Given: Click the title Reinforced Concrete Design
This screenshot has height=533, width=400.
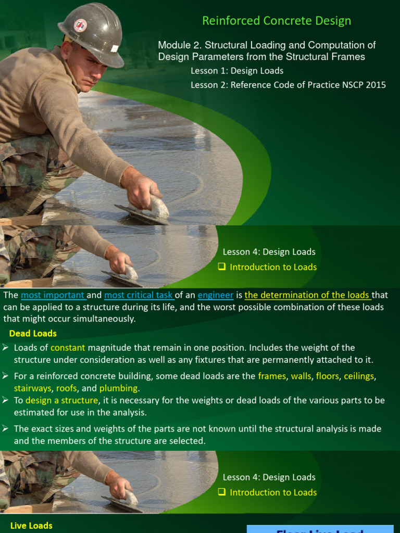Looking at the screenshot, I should (x=277, y=21).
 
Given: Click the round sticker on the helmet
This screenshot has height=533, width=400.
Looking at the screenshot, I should (x=80, y=26).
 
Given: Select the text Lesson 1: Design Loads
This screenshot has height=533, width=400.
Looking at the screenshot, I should (x=237, y=71).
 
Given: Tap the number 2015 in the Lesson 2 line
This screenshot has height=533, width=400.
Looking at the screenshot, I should (x=376, y=84).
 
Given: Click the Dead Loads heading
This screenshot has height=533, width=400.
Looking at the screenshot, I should (x=33, y=333).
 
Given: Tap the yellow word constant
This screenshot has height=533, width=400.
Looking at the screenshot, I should (x=68, y=348).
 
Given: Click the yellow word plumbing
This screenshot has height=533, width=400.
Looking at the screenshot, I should (x=118, y=388).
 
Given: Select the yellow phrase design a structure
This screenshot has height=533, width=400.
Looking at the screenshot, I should (x=61, y=400).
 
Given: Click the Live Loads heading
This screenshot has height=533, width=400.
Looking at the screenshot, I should (x=31, y=526).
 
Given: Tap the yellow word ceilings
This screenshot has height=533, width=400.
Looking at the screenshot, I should (x=359, y=376).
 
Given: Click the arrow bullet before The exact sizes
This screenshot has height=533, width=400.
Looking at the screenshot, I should (x=5, y=428).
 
